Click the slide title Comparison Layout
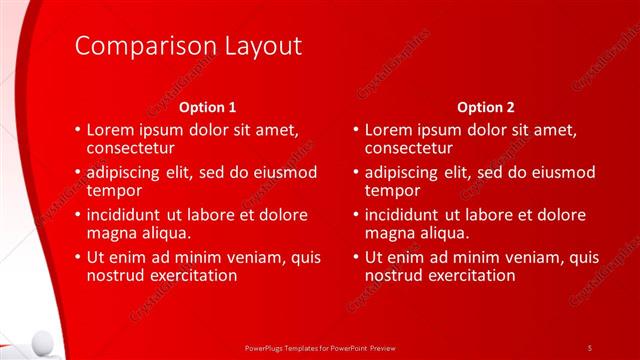(x=188, y=46)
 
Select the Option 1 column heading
(x=208, y=106)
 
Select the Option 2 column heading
(x=486, y=106)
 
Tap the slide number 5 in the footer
(x=590, y=347)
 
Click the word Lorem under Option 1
(x=111, y=130)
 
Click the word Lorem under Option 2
(x=389, y=130)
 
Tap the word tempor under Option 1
(x=114, y=190)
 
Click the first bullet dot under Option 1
(x=78, y=131)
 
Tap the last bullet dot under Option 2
(x=356, y=258)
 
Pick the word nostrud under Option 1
(x=116, y=275)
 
